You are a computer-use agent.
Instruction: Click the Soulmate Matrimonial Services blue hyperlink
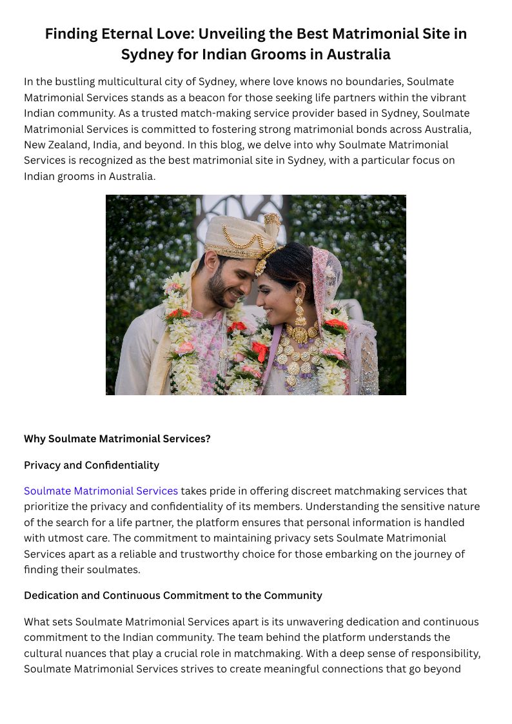(101, 491)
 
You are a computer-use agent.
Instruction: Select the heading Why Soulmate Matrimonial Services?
(117, 439)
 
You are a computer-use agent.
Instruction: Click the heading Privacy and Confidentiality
(92, 465)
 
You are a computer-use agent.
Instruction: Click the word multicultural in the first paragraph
(128, 82)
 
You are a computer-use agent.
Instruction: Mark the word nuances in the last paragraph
(84, 653)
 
